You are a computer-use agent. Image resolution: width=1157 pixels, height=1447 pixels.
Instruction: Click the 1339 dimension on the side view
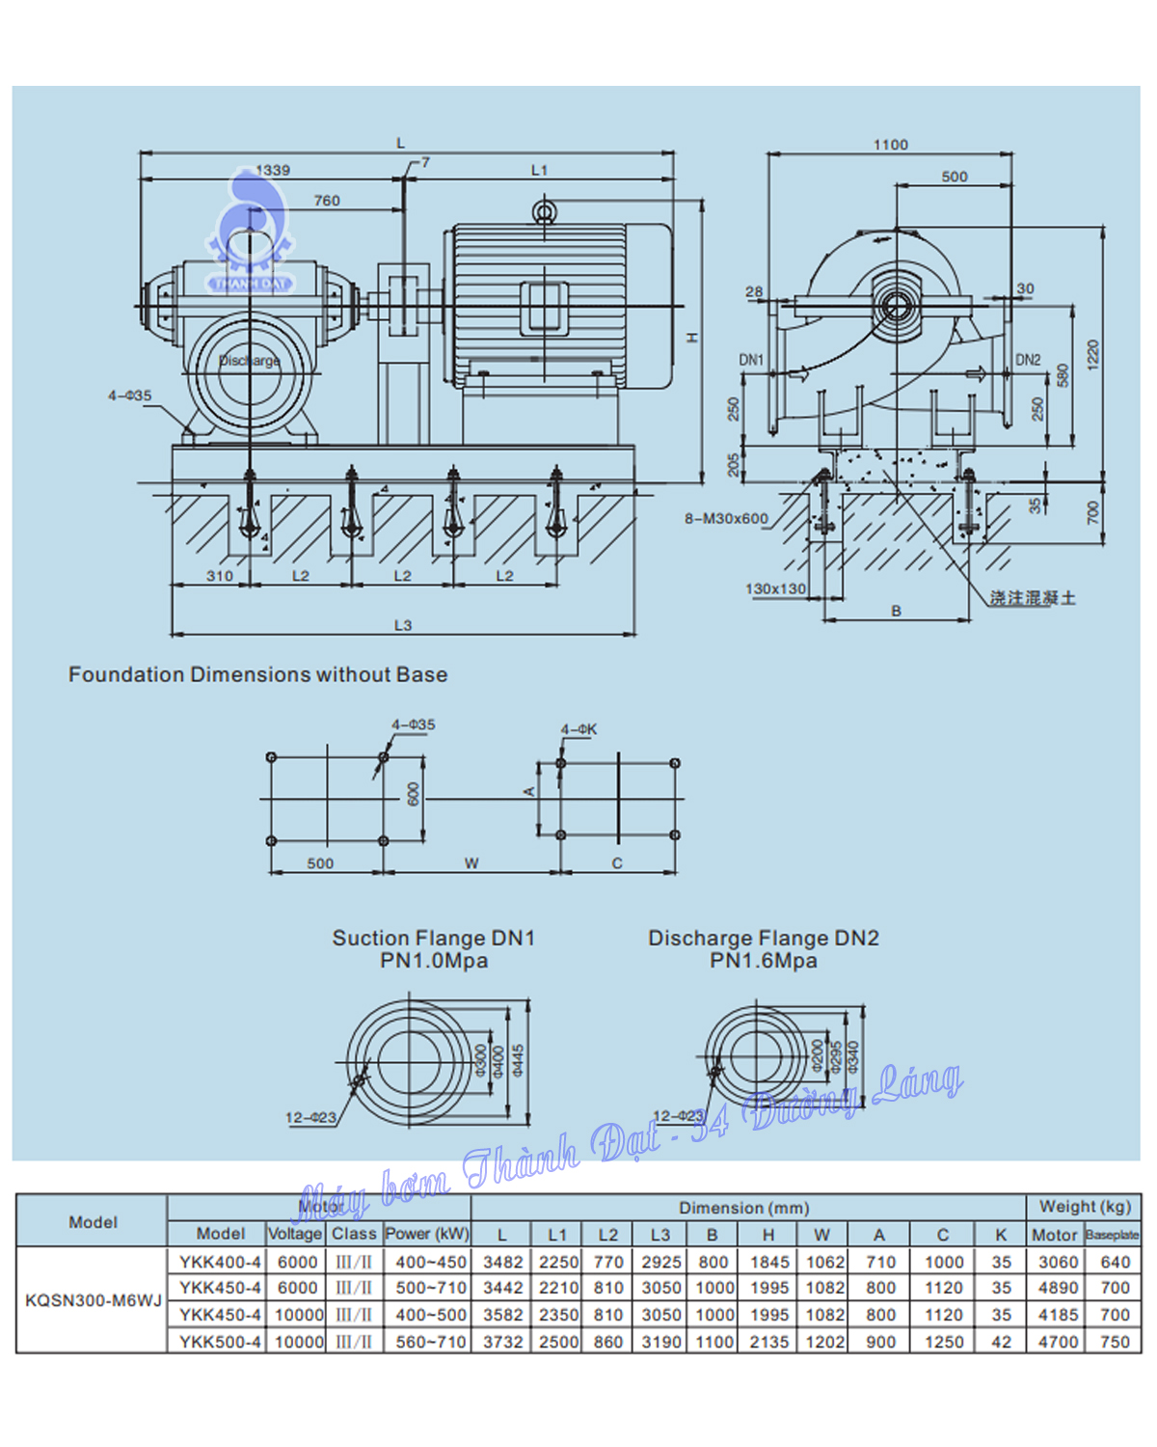273,170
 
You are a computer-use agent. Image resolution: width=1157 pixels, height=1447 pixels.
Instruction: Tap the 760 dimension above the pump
327,201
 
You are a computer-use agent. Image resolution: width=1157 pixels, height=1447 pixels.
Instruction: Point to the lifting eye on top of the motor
545,210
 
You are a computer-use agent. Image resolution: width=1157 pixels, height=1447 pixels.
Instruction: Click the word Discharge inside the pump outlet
249,361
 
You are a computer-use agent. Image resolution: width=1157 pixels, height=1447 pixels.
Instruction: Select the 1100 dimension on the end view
890,145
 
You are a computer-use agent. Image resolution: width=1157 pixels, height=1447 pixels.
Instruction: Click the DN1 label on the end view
751,360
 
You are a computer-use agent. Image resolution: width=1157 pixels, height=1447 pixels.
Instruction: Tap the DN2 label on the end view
1028,360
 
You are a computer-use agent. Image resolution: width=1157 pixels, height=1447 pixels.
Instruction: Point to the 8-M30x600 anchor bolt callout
726,519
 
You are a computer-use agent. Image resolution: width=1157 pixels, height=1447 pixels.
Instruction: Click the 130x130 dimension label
775,588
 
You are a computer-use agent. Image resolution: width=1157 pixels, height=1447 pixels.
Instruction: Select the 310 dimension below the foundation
219,576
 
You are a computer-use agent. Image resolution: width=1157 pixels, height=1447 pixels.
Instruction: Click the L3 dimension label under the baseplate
403,625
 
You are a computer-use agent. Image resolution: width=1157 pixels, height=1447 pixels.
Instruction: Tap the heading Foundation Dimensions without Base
257,674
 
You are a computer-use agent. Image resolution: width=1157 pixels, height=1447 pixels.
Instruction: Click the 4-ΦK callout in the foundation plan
578,729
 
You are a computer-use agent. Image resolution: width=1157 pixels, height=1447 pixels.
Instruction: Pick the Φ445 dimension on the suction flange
519,1061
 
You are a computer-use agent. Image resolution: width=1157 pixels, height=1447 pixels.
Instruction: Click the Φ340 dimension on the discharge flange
853,1056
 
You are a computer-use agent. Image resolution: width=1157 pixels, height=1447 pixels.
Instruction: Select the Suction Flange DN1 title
433,938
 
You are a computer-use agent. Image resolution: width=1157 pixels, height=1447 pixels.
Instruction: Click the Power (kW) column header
427,1234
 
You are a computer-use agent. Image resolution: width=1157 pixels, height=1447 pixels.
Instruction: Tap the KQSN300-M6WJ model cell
93,1300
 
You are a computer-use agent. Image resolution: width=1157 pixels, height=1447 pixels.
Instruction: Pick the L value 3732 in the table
502,1342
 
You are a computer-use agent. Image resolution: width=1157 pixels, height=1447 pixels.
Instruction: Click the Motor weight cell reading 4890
1057,1288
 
